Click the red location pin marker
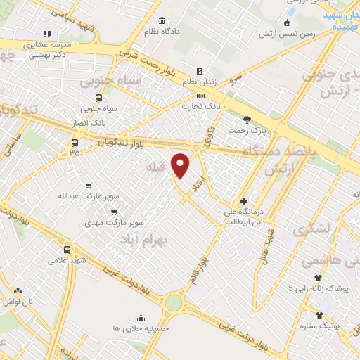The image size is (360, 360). (181, 165)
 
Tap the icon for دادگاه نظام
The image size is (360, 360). (163, 20)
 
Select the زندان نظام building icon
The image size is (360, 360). (199, 71)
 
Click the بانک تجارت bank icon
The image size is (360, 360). (201, 96)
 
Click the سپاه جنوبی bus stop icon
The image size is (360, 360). (98, 98)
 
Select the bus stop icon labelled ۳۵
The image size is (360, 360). (75, 141)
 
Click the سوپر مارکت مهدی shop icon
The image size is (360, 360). (114, 210)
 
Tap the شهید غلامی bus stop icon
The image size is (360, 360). (67, 249)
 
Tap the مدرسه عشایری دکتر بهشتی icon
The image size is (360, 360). (47, 33)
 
